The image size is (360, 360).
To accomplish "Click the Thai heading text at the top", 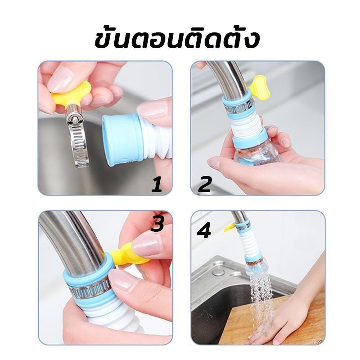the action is tap(177, 40).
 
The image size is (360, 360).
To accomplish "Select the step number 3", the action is tap(157, 223).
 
